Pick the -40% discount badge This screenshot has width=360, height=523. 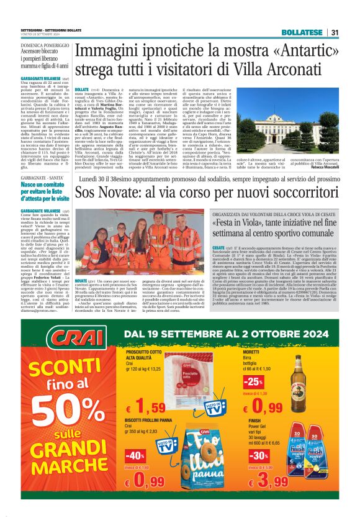coord(135,455)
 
